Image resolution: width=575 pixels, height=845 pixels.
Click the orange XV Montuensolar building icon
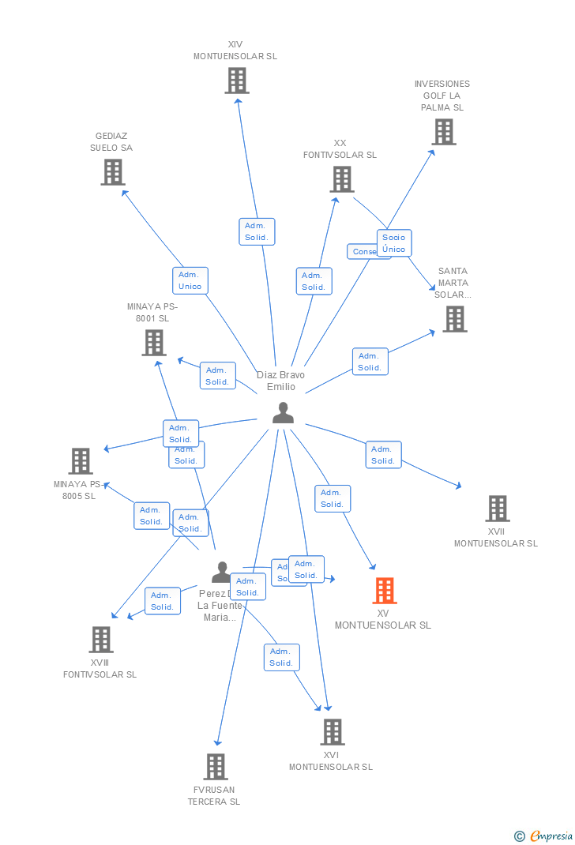coord(385,590)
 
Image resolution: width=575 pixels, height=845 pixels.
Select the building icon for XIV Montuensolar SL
coord(237,80)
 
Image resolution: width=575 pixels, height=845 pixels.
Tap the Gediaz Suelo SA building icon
coord(113,171)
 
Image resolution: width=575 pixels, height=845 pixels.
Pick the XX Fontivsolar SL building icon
coord(342,179)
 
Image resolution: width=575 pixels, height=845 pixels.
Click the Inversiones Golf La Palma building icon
coord(444,132)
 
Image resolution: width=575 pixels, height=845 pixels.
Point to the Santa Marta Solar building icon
coord(455,318)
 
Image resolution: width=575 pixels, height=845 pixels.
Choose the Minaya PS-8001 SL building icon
coord(153,342)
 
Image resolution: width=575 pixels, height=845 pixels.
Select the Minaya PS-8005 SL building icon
coord(81,460)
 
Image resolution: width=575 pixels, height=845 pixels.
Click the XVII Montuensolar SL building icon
coord(498,508)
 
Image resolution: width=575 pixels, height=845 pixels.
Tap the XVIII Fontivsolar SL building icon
coord(101,639)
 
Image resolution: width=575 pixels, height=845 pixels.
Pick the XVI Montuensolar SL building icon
coord(333,731)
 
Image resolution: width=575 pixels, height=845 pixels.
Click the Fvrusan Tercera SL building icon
coord(216,766)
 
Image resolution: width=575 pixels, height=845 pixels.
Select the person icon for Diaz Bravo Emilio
coord(283,412)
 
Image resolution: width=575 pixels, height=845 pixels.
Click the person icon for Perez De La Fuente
coord(222,572)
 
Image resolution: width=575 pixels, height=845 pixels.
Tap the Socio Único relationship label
coord(393,243)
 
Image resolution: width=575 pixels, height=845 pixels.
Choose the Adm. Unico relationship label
coord(190,280)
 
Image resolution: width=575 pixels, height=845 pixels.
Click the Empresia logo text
coord(551,836)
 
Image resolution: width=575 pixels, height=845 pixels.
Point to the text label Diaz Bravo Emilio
coord(280,381)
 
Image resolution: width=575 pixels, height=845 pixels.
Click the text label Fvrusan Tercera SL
coord(214,795)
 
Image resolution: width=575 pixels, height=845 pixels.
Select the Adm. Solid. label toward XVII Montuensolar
coord(383,455)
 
